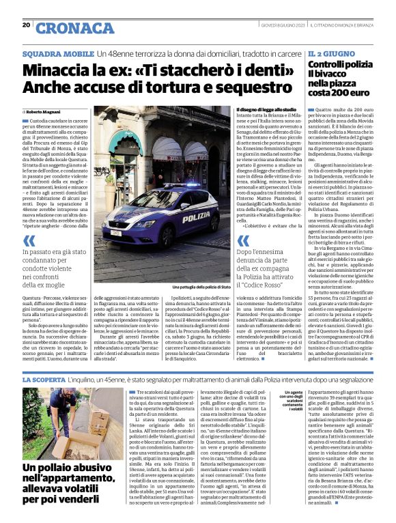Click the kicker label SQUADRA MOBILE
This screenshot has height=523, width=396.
(58, 53)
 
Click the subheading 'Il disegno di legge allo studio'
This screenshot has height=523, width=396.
(266, 110)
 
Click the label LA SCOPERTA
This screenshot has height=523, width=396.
(44, 378)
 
